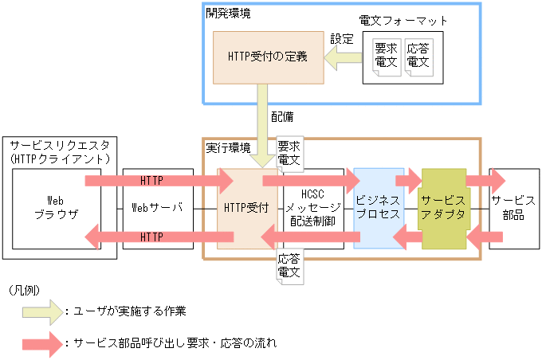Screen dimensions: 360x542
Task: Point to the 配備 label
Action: pyautogui.click(x=281, y=116)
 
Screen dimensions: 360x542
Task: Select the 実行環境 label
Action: pyautogui.click(x=228, y=148)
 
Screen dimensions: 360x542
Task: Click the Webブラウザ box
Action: pyautogui.click(x=56, y=208)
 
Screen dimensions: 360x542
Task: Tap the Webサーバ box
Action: pyautogui.click(x=158, y=208)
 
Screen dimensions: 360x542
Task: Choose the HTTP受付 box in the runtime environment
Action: pyautogui.click(x=247, y=208)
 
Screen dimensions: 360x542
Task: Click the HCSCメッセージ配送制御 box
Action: pyautogui.click(x=312, y=208)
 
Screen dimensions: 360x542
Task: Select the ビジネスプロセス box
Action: pyautogui.click(x=379, y=208)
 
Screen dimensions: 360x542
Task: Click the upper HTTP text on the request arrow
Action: pyautogui.click(x=151, y=179)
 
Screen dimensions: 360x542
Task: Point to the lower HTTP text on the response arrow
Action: pyautogui.click(x=151, y=237)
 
